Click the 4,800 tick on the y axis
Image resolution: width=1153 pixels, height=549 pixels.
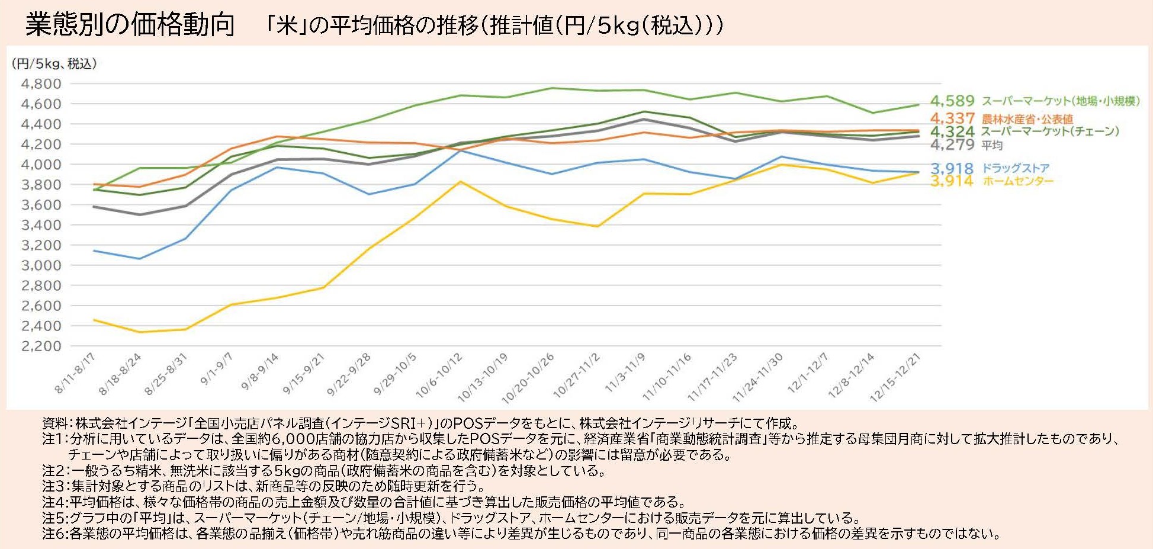[x=41, y=84]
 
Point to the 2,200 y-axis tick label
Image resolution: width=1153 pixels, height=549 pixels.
[x=41, y=346]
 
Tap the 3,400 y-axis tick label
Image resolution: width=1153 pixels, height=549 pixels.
[x=41, y=225]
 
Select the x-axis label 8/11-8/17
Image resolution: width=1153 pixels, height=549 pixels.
[x=75, y=373]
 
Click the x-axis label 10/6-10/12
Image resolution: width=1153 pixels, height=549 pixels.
[x=439, y=375]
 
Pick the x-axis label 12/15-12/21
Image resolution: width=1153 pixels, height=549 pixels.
[x=895, y=377]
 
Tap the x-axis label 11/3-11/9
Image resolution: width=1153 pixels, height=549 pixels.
[x=625, y=373]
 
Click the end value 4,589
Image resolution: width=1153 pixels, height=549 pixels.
[x=952, y=101]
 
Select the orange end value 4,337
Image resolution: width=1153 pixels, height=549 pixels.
[x=952, y=118]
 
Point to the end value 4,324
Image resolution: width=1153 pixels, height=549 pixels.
[x=952, y=131]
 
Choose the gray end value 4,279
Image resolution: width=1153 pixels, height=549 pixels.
[x=952, y=145]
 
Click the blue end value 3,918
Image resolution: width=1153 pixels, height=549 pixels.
[x=952, y=169]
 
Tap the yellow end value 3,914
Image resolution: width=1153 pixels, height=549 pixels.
[x=952, y=181]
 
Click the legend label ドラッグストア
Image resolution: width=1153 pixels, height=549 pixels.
[x=1016, y=168]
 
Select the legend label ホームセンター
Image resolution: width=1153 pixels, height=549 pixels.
[x=1018, y=181]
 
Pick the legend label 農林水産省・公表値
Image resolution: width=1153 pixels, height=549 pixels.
[x=1027, y=119]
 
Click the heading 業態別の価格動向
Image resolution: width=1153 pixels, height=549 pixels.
[x=130, y=25]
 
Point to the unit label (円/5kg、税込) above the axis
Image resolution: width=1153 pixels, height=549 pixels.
[x=54, y=63]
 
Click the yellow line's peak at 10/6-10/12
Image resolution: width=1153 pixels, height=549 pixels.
[x=460, y=182]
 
